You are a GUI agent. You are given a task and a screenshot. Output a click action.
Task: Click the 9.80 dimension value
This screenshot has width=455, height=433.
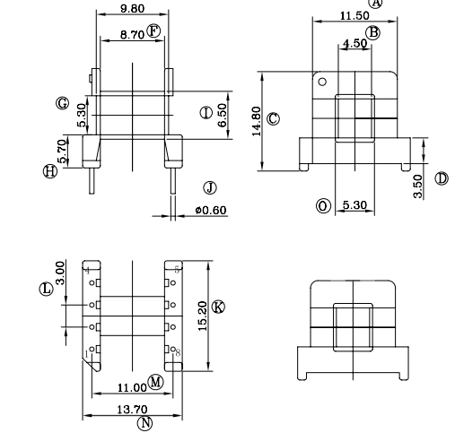[131, 9]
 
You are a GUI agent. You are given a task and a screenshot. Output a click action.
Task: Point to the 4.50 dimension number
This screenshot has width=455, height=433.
[354, 43]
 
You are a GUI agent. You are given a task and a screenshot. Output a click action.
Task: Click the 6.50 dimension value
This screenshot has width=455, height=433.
[222, 113]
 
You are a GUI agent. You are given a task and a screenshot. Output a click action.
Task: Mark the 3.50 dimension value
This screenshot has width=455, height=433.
[418, 186]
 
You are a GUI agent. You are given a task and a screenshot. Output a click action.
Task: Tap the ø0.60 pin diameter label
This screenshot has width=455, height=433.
[210, 211]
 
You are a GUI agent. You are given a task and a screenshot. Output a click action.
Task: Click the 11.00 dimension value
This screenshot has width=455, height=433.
[132, 386]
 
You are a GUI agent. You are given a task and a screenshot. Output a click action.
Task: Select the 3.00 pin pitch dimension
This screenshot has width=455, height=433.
[60, 270]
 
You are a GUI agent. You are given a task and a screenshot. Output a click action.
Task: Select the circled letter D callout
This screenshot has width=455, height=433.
[441, 178]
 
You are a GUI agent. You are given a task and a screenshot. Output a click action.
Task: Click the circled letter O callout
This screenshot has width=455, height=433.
[323, 206]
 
